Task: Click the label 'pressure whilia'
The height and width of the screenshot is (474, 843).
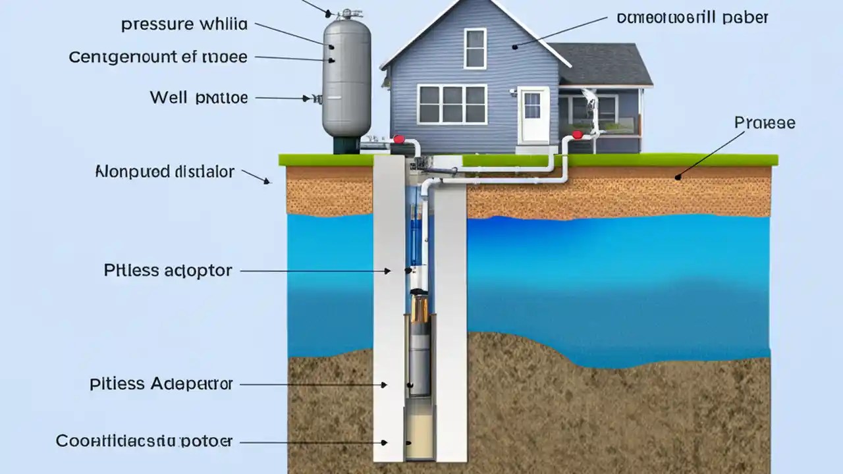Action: tap(184, 25)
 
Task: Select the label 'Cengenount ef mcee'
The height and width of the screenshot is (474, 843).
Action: tap(158, 57)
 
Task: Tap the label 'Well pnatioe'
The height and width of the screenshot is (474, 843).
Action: tap(198, 98)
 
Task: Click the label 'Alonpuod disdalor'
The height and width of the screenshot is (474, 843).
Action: tap(165, 172)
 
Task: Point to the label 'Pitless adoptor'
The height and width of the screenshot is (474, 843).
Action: tap(168, 271)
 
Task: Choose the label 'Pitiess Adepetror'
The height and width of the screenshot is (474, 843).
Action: tap(161, 384)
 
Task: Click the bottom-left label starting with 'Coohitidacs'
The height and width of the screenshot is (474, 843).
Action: tap(144, 441)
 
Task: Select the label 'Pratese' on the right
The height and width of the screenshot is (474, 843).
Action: tap(765, 123)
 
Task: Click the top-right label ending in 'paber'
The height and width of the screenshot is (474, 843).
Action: tap(692, 18)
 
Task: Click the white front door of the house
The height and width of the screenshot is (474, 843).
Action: tap(533, 115)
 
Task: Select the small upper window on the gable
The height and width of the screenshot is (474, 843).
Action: tap(475, 48)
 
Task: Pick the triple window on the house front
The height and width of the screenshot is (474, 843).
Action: tap(452, 104)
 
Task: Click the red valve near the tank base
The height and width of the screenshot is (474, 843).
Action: tap(398, 140)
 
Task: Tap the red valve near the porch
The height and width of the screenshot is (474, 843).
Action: tap(577, 135)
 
